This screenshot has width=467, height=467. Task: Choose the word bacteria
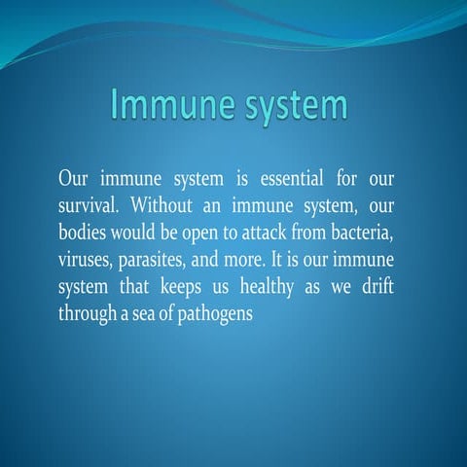[371, 233]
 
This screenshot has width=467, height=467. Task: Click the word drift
[384, 288]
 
